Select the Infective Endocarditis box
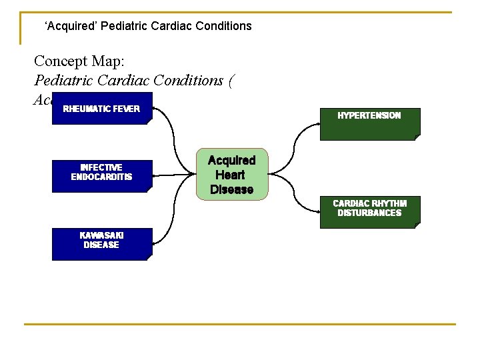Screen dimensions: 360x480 [x=102, y=176]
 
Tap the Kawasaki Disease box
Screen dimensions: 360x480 [x=102, y=244]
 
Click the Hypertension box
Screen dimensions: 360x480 [x=370, y=124]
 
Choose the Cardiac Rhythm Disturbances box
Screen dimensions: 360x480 [x=370, y=212]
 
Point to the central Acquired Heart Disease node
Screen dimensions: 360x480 [x=231, y=174]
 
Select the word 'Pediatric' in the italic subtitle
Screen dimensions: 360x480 [x=63, y=80]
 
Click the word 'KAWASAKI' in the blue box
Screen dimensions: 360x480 [x=101, y=235]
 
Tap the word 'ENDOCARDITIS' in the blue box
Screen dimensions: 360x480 [x=102, y=177]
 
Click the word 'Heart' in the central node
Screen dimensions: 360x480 [x=231, y=175]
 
